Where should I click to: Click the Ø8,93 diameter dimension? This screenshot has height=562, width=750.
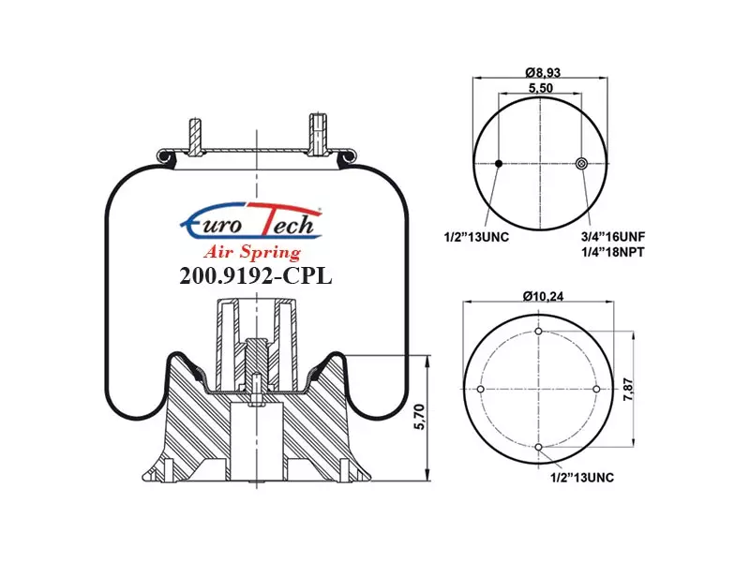pyautogui.click(x=543, y=73)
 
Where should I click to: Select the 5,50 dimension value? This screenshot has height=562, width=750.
pyautogui.click(x=541, y=88)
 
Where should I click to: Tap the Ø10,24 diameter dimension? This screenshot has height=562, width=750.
pyautogui.click(x=543, y=296)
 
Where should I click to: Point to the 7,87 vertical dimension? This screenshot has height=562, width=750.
pyautogui.click(x=628, y=389)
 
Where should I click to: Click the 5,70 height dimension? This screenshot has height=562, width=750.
pyautogui.click(x=419, y=417)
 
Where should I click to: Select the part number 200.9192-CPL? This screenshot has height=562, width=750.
pyautogui.click(x=255, y=275)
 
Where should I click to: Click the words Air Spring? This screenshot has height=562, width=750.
pyautogui.click(x=252, y=251)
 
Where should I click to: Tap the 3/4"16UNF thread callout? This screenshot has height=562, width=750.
pyautogui.click(x=613, y=237)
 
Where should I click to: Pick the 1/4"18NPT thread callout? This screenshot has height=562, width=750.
pyautogui.click(x=612, y=252)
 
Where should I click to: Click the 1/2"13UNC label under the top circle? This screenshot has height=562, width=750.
pyautogui.click(x=476, y=237)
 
